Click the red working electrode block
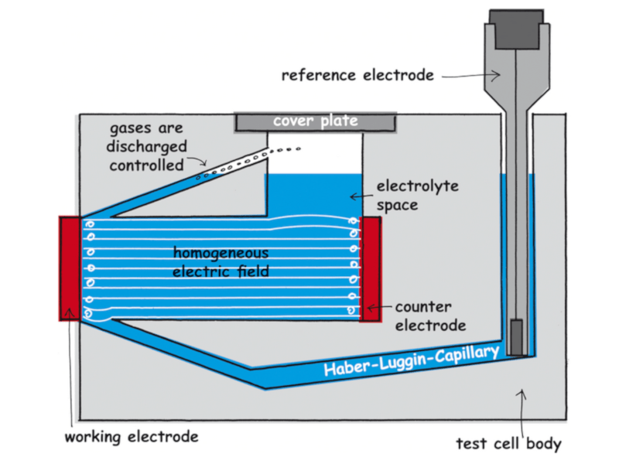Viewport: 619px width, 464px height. [x=69, y=268]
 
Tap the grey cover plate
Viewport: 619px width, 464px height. [x=315, y=122]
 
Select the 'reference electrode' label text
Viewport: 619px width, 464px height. [x=357, y=75]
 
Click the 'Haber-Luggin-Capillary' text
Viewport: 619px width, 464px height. [x=411, y=360]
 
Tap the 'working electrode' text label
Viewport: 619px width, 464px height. [x=132, y=436]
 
